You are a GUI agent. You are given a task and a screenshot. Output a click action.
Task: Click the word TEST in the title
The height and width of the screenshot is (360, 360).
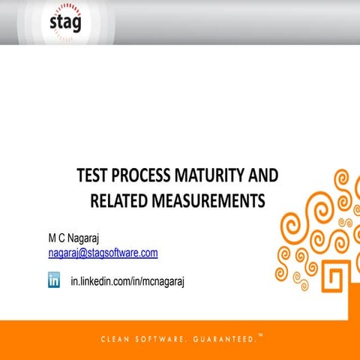94,177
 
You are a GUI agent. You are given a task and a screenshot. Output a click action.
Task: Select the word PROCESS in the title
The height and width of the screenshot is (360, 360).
146,177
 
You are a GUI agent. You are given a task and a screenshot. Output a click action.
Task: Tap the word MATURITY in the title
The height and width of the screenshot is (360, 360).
214,177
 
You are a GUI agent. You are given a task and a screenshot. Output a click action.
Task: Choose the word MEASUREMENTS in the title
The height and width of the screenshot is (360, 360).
208,200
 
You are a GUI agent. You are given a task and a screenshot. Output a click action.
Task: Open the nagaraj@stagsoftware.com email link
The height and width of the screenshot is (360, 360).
103,253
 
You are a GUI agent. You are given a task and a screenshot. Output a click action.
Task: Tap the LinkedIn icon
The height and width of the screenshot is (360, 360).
55,280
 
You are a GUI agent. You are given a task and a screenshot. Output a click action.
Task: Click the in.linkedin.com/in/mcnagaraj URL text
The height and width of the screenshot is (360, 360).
127,281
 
